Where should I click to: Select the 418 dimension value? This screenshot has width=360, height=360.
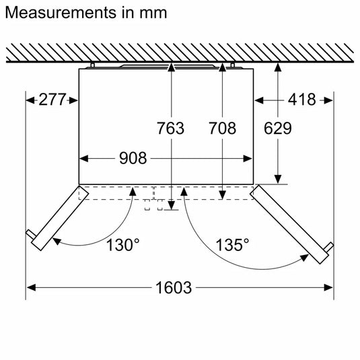tap(301, 100)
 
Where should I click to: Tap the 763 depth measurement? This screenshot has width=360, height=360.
tap(170, 128)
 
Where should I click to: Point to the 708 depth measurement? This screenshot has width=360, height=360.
tap(223, 128)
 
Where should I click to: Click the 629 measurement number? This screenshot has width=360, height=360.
tap(277, 128)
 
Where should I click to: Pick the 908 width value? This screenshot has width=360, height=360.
tap(133, 159)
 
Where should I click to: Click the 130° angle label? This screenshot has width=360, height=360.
tap(123, 244)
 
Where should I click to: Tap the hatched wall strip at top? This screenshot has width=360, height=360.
tap(179, 53)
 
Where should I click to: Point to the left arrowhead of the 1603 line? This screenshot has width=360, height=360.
tap(30, 287)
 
